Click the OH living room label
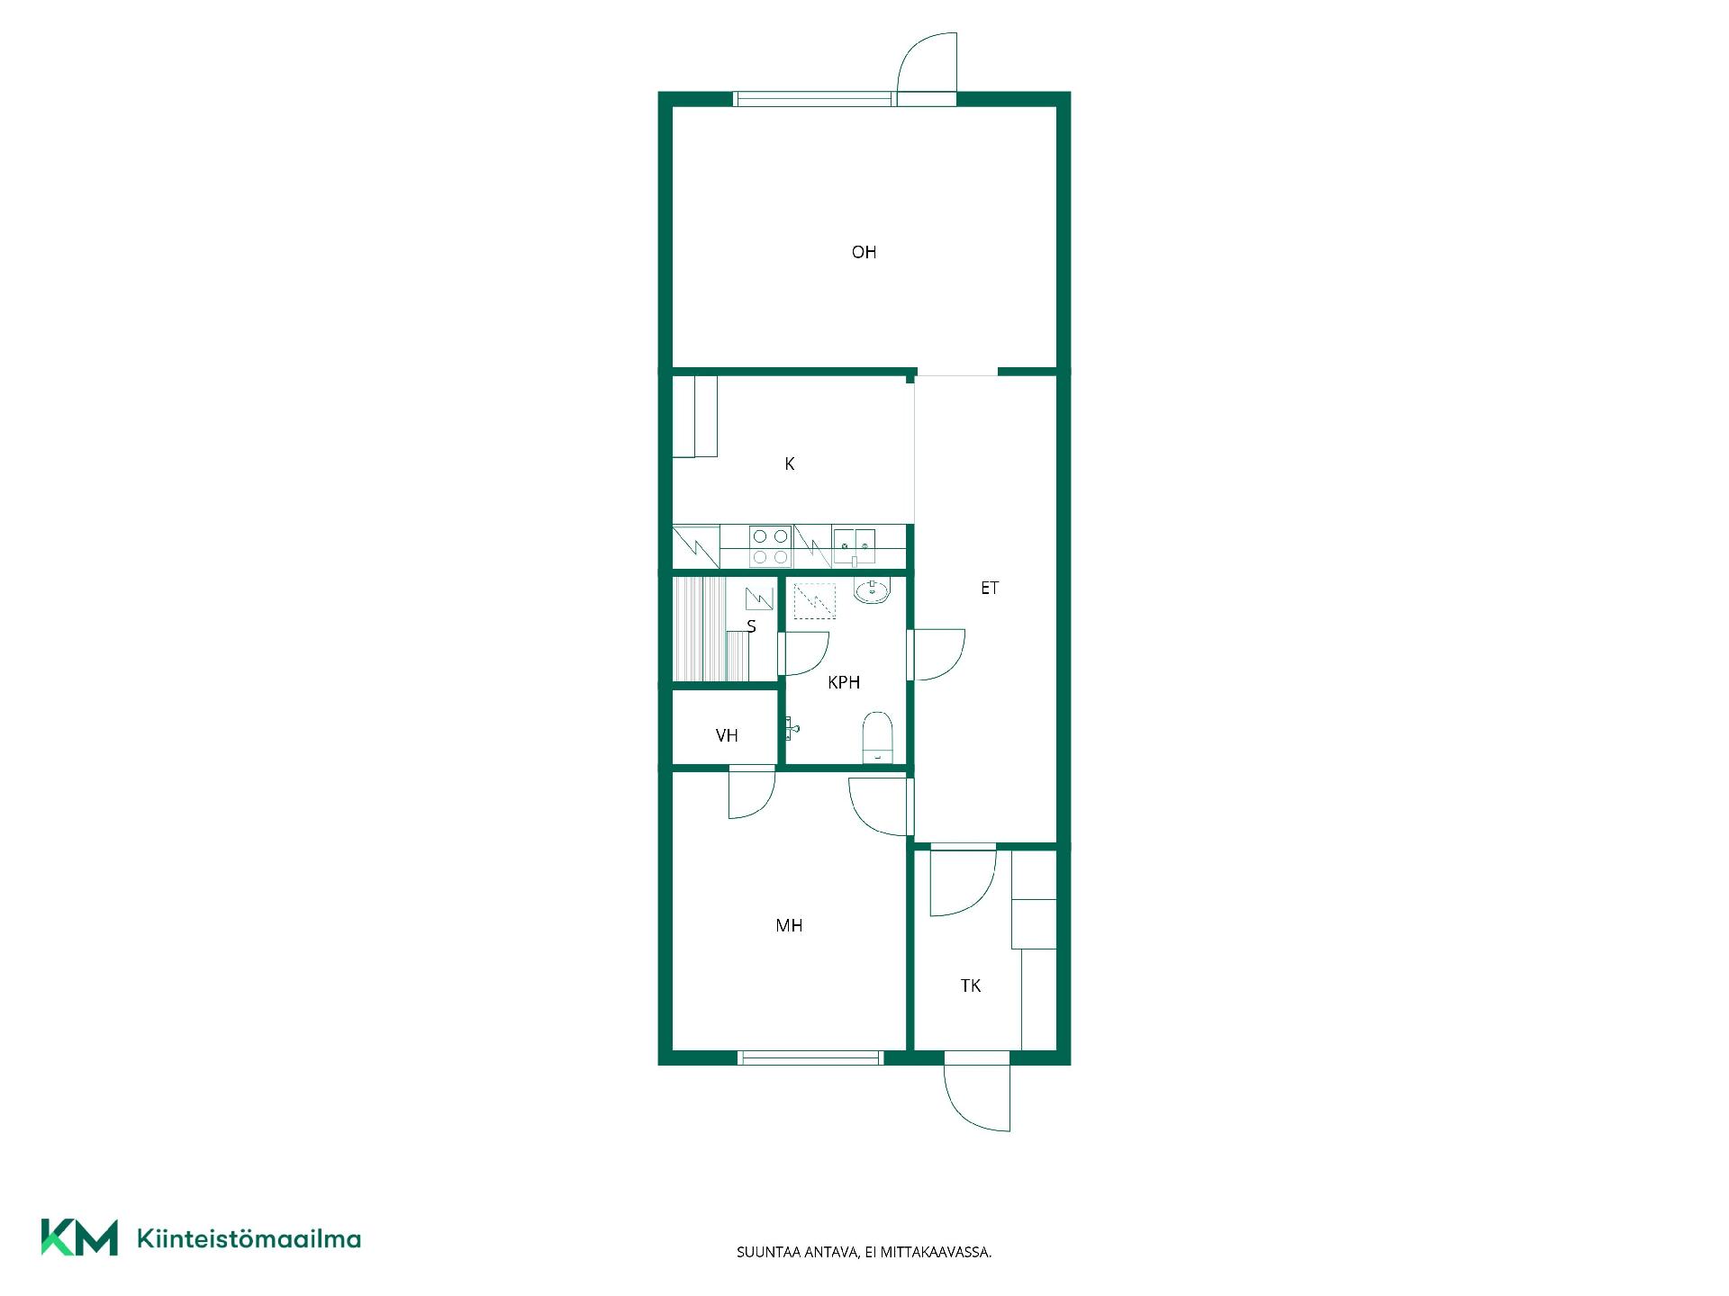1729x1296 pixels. [864, 252]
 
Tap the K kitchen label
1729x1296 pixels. [790, 463]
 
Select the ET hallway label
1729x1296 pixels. [990, 588]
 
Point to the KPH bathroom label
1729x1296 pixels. [844, 682]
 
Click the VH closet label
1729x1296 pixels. [727, 735]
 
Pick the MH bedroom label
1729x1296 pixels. [789, 925]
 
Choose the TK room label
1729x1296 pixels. [971, 985]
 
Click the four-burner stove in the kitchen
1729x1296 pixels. [770, 546]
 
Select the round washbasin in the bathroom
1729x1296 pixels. [872, 591]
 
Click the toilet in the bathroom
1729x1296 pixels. [877, 737]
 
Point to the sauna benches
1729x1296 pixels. [711, 629]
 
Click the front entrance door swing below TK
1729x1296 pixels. [977, 1098]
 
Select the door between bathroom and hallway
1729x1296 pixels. [937, 654]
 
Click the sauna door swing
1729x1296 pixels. [802, 653]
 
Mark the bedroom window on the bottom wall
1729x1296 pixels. [810, 1057]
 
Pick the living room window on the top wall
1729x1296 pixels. [815, 99]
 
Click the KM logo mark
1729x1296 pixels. [79, 1237]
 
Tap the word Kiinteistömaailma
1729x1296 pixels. [249, 1238]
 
